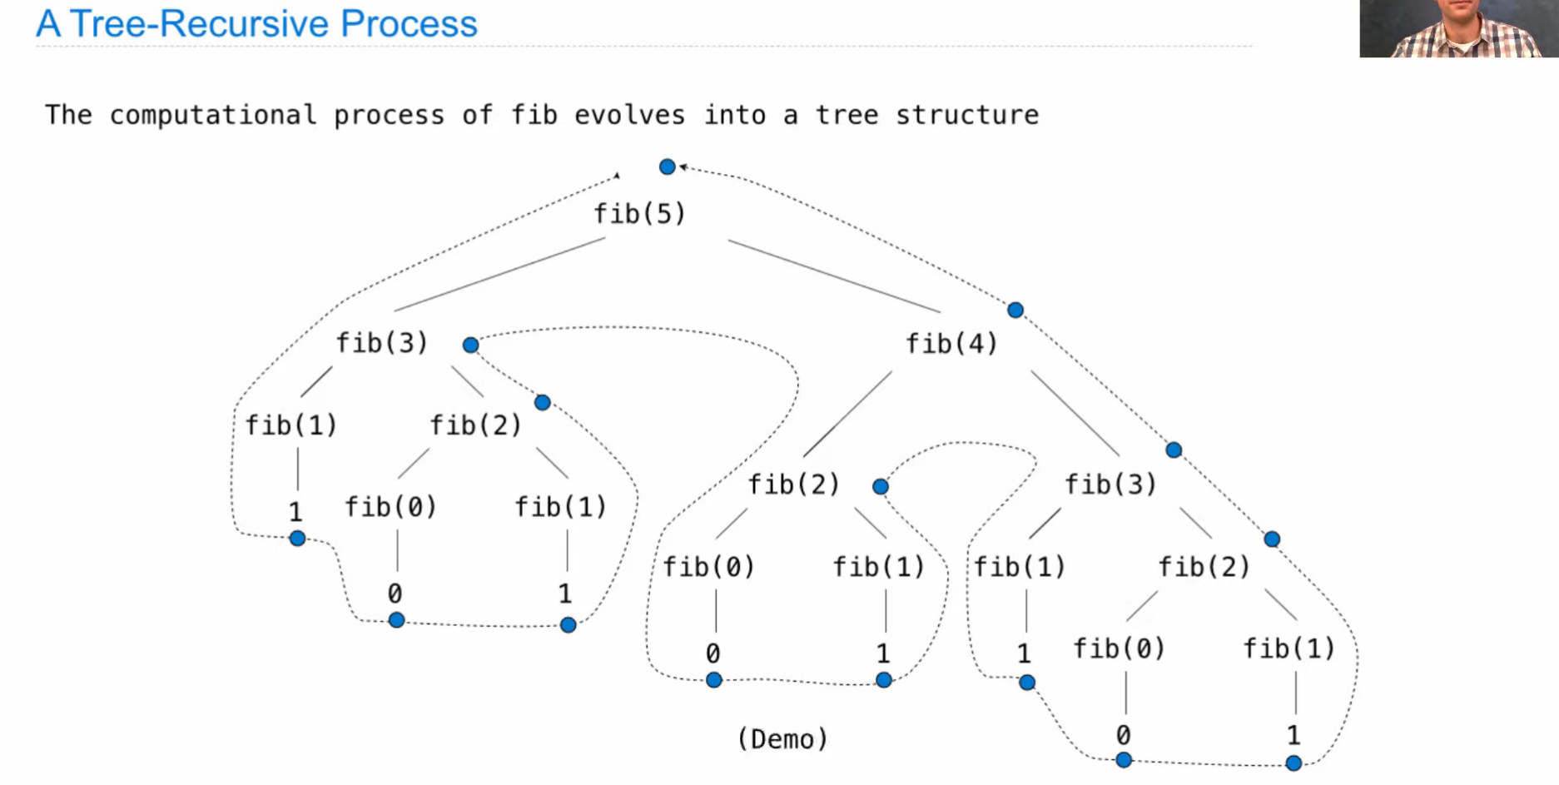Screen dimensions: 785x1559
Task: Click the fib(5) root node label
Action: click(x=639, y=214)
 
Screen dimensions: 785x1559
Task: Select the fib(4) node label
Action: click(x=951, y=344)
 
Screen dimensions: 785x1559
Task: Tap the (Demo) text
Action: click(x=782, y=739)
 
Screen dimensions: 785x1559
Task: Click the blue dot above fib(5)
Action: click(x=667, y=167)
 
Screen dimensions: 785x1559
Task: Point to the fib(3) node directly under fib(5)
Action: click(x=382, y=343)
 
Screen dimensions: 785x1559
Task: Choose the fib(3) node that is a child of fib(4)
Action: click(x=1111, y=484)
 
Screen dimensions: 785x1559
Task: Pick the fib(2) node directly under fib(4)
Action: click(x=794, y=484)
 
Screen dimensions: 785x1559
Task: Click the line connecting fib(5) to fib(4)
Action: click(x=833, y=276)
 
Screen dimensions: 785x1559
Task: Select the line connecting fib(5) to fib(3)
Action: click(x=499, y=275)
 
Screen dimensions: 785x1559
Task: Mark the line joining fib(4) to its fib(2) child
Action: click(x=847, y=414)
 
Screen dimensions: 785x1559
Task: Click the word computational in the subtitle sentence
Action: click(x=213, y=115)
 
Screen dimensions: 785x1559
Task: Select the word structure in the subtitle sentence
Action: click(x=967, y=115)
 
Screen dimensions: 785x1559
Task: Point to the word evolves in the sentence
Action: click(x=629, y=115)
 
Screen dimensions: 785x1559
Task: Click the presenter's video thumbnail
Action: click(x=1458, y=28)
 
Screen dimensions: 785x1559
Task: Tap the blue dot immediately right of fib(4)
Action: click(x=1015, y=311)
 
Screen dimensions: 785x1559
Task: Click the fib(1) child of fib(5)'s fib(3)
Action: click(x=291, y=425)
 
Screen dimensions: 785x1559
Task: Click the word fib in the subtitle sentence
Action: click(x=534, y=115)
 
